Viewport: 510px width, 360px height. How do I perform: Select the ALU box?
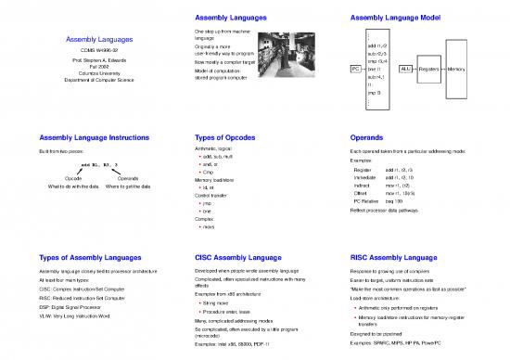[404, 69]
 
